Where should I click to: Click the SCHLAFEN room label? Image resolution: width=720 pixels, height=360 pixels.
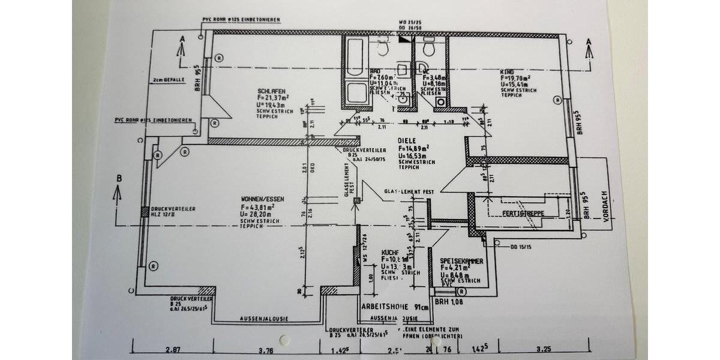point(264,91)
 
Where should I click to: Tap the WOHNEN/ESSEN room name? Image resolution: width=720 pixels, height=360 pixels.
point(262,199)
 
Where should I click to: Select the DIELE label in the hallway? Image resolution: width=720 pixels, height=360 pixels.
point(407,140)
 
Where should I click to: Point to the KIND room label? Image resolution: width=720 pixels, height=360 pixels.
point(507,71)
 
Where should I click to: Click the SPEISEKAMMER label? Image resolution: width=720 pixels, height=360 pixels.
point(461,262)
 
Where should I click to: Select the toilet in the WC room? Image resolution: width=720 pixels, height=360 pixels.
point(428,46)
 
